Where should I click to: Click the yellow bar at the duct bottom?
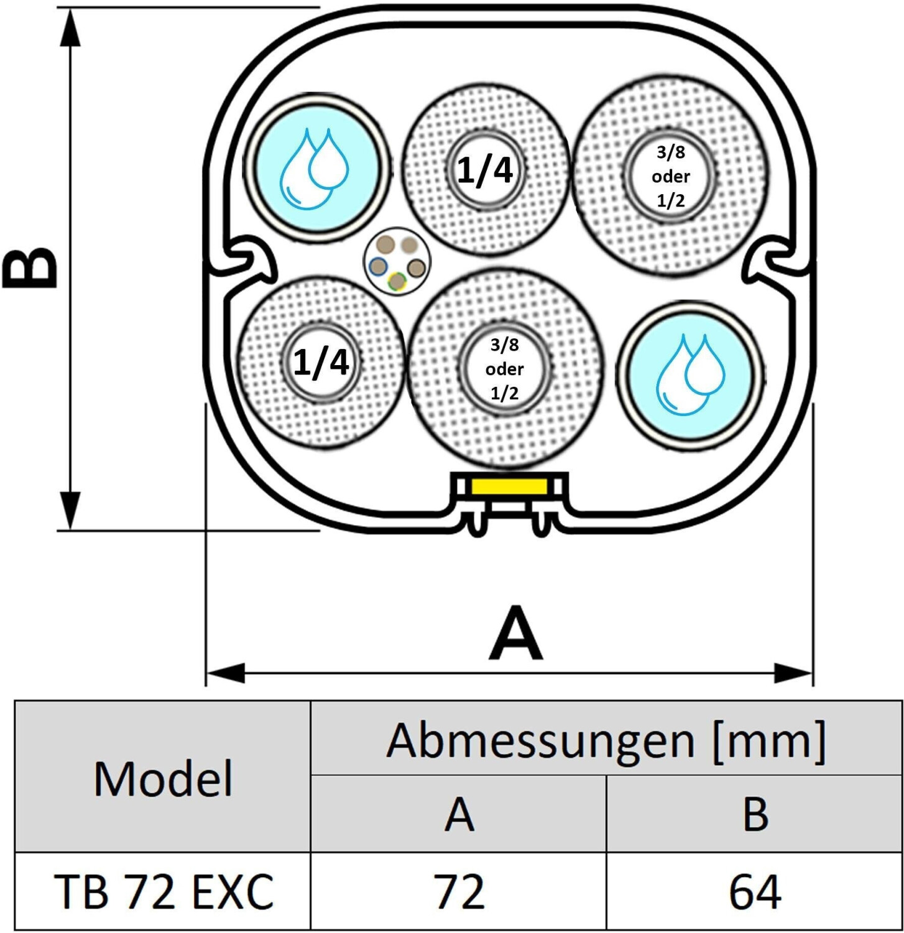509,486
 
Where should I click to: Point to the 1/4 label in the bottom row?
321,362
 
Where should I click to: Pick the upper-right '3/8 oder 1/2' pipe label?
671,176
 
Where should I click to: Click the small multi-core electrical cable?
397,263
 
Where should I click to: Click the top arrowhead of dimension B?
71,28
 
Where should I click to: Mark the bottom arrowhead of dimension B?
71,510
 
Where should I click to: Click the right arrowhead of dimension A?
794,672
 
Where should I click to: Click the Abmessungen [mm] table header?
606,740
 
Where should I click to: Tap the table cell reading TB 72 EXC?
163,891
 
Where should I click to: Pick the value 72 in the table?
459,891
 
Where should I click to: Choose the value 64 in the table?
755,891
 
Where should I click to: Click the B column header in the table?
755,814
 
